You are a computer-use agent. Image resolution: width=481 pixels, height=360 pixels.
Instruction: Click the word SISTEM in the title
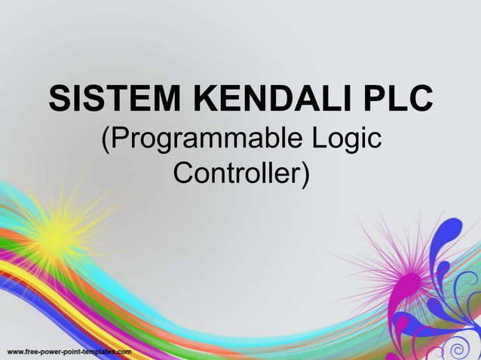[105, 100]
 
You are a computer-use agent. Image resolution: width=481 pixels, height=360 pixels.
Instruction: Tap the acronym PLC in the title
[398, 100]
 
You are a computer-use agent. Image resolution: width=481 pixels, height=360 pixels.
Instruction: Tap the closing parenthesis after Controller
[304, 175]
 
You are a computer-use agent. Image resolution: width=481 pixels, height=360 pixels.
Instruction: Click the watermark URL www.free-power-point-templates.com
[69, 352]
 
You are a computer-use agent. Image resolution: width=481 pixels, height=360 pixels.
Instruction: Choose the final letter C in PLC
[420, 100]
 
